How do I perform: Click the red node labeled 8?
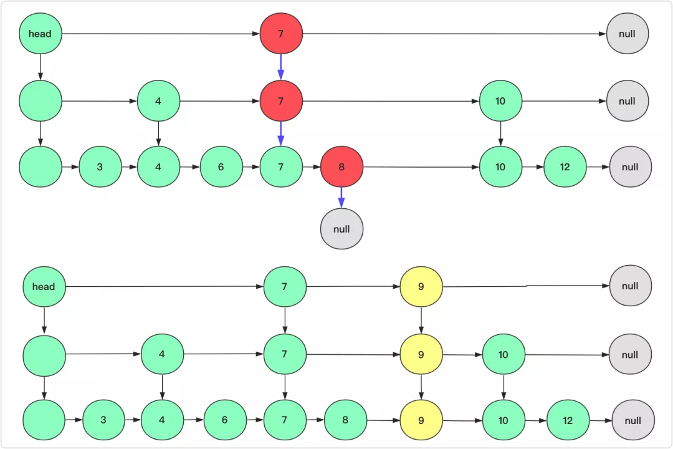coord(341,167)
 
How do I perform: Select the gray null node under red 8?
coord(341,229)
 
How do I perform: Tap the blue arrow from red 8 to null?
coord(341,198)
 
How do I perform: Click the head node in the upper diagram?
coord(40,34)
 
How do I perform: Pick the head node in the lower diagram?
coord(44,287)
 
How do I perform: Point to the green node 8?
coord(345,420)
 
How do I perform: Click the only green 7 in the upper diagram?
coord(280,167)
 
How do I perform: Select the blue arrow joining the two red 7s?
coord(280,67)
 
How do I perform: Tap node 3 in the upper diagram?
coord(100,167)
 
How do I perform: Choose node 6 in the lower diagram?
coord(224,420)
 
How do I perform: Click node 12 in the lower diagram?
coord(568,420)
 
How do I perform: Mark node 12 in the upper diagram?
coord(565,167)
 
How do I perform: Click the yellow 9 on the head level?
coord(421,287)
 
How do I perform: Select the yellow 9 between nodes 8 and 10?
coord(421,420)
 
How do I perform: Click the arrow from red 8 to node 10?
coord(421,167)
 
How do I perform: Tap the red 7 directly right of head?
coord(280,34)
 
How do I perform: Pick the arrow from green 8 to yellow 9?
coord(383,420)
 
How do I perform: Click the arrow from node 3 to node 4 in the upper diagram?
coord(129,167)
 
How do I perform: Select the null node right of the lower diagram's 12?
coord(632,420)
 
